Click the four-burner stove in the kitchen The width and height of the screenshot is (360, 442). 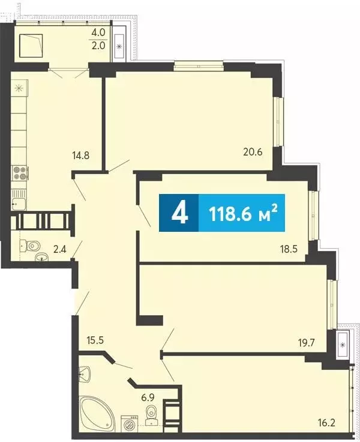pyautogui.click(x=20, y=172)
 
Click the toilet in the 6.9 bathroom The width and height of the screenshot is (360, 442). pyautogui.click(x=152, y=414)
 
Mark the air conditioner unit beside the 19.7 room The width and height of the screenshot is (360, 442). pyautogui.click(x=342, y=345)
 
